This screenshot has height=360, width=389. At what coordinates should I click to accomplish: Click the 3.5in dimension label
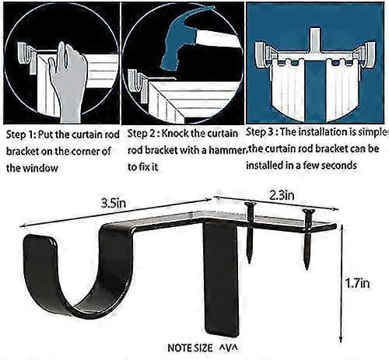click(x=114, y=203)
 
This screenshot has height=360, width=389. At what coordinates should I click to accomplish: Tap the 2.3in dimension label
click(x=282, y=195)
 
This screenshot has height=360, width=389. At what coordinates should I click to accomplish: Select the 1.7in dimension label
click(x=357, y=283)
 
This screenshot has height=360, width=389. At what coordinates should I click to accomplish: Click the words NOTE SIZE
click(x=190, y=348)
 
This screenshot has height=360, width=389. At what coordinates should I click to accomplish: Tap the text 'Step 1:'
click(x=21, y=135)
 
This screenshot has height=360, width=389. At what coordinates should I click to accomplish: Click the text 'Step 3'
click(x=260, y=132)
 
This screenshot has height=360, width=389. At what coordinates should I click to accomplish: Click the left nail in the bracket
click(x=250, y=232)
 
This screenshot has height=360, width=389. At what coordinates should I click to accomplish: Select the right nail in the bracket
click(x=308, y=239)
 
